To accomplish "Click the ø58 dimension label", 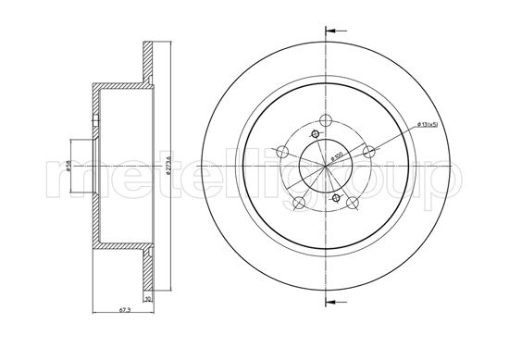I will [70, 171].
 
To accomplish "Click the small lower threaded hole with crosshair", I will [336, 197].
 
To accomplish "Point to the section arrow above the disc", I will [326, 31].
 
